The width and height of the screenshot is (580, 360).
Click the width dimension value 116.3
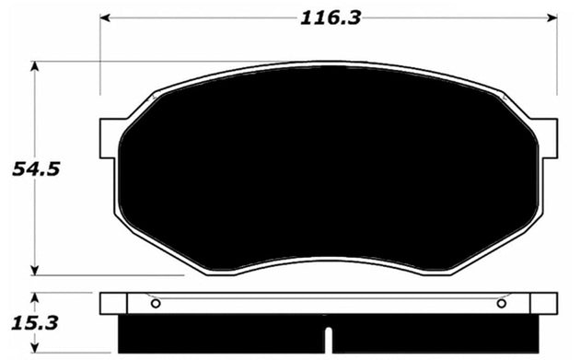329,16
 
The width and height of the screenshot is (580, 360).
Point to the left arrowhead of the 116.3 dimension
104,17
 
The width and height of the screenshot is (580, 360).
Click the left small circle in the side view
155,304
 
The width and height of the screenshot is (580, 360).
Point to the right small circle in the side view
501,304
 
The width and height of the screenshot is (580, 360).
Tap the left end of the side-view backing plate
103,303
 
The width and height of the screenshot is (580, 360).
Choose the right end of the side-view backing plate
552,303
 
